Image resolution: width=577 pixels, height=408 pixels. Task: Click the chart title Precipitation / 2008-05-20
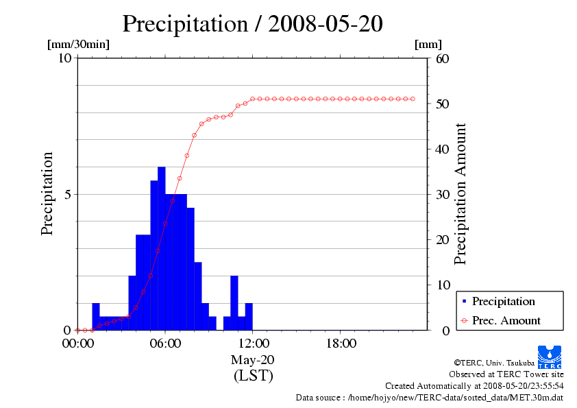coord(252,23)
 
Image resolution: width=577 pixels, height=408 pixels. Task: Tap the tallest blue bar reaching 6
coord(161,247)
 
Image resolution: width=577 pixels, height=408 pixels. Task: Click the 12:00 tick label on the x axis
coord(253,344)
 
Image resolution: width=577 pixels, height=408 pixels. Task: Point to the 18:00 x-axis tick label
coord(341,344)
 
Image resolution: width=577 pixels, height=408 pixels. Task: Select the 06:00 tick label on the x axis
coord(165,344)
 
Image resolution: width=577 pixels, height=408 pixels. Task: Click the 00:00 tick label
coord(77,344)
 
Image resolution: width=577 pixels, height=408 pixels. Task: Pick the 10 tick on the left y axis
coord(65,58)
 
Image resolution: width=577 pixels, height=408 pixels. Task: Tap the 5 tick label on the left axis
coord(68,194)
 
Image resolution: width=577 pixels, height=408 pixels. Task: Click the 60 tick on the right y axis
coord(442,58)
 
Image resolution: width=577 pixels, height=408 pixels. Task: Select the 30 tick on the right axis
coord(442,194)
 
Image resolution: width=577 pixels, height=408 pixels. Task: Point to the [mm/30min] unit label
coord(78,44)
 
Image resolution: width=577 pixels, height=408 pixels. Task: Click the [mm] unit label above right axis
coord(428,44)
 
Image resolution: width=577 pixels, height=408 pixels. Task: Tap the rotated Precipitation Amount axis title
coord(461,194)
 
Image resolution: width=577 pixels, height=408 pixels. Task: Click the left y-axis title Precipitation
coord(47,194)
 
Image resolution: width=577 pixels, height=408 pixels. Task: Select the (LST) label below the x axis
coord(253,375)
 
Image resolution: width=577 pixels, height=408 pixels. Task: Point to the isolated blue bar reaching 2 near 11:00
coord(234,302)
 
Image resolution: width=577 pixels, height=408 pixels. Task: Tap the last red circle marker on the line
coord(413,99)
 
